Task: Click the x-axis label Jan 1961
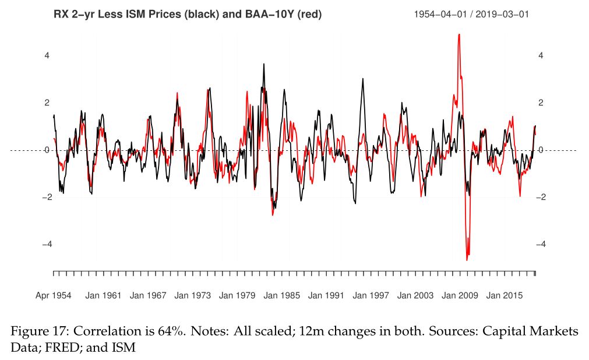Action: pyautogui.click(x=103, y=295)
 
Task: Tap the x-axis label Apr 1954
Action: pyautogui.click(x=53, y=295)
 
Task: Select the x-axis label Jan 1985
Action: pyautogui.click(x=282, y=295)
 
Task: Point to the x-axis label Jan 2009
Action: pyautogui.click(x=460, y=295)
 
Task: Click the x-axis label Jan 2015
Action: pyautogui.click(x=505, y=295)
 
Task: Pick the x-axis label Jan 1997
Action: pyautogui.click(x=371, y=295)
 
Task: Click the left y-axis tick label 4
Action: pyautogui.click(x=47, y=56)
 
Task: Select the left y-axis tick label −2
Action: pyautogui.click(x=45, y=197)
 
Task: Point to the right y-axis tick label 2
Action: pyautogui.click(x=541, y=103)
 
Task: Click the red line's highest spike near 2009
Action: pyautogui.click(x=459, y=36)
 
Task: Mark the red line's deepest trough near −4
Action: pyautogui.click(x=467, y=259)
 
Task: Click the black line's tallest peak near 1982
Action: pyautogui.click(x=263, y=65)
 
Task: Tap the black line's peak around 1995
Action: pyautogui.click(x=363, y=79)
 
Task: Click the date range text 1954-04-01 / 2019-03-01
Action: pyautogui.click(x=471, y=15)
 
